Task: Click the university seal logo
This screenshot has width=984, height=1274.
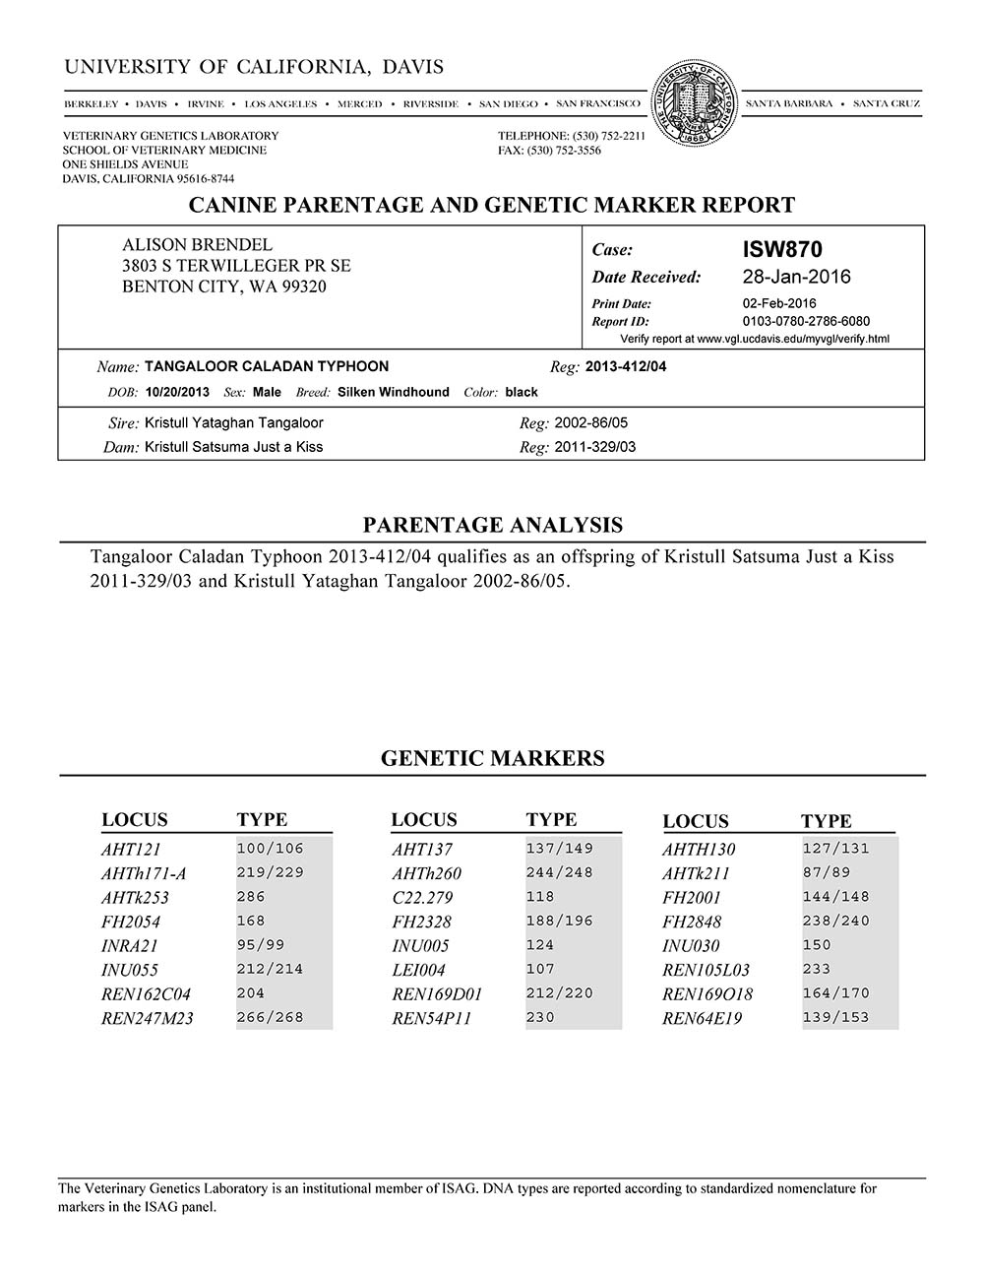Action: click(695, 103)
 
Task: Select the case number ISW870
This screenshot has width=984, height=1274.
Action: click(782, 250)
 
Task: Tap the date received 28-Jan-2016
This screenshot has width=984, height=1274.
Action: click(796, 277)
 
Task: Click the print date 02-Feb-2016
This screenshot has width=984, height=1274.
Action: click(779, 303)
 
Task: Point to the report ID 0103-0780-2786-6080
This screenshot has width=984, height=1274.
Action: click(806, 321)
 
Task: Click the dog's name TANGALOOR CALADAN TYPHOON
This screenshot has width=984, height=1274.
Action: click(266, 366)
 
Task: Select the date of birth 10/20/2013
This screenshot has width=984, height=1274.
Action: click(177, 392)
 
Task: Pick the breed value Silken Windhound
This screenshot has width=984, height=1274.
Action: click(393, 392)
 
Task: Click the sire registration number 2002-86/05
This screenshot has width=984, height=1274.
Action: click(590, 422)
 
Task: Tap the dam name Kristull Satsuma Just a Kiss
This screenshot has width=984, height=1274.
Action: click(233, 447)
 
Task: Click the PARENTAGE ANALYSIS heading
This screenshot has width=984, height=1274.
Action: click(492, 525)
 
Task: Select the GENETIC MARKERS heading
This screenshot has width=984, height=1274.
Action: click(492, 758)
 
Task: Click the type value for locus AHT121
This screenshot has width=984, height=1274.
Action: click(271, 849)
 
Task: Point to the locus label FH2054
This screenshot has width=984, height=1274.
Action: click(130, 922)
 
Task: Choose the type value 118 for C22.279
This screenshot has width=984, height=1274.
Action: click(540, 897)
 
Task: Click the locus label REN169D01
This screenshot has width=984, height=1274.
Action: click(437, 994)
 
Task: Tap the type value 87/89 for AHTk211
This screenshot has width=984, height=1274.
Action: click(827, 872)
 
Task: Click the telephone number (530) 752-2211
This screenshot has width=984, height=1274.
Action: click(600, 136)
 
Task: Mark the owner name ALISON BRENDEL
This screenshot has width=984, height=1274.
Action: click(197, 245)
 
